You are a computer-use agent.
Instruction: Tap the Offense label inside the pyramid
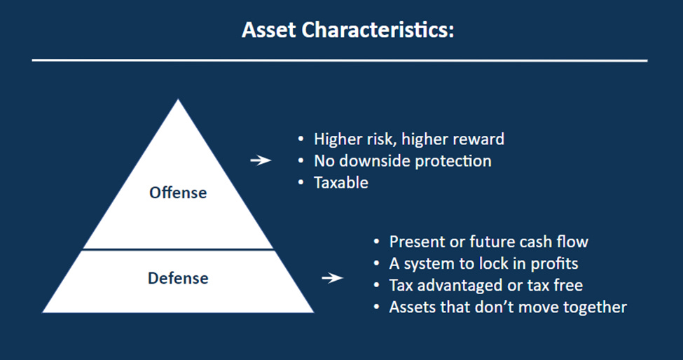178,193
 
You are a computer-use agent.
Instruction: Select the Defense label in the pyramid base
178,278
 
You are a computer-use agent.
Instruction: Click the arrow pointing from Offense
261,160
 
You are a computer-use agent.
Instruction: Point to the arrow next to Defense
332,279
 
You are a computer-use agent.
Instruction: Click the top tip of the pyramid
178,102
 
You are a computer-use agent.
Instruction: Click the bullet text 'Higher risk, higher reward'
409,139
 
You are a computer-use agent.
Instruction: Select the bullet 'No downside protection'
403,160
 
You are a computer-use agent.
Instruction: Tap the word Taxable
341,182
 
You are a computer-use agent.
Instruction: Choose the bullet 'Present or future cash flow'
489,242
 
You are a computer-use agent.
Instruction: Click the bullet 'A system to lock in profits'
484,263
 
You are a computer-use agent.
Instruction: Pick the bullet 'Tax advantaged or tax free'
486,285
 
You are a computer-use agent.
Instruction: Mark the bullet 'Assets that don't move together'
508,307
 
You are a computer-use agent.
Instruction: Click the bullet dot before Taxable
301,183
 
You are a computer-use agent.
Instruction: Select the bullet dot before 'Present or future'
377,242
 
